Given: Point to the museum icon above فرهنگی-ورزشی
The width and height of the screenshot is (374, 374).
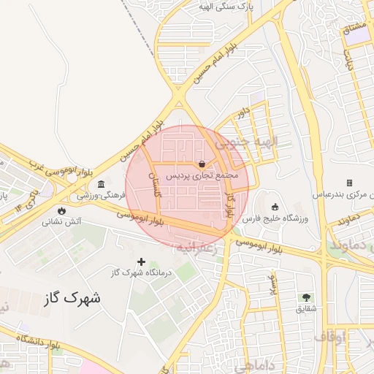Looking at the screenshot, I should tap(100, 183).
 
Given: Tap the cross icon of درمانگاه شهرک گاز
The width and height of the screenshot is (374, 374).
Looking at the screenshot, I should tap(141, 261).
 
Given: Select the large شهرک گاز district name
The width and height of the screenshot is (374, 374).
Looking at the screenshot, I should tap(73, 298).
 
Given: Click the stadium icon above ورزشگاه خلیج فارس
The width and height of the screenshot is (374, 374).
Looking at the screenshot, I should tap(275, 207).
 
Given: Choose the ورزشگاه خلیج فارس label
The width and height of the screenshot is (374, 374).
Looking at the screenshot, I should tap(274, 218).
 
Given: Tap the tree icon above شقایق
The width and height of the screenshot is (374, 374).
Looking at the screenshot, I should tap(306, 297).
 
